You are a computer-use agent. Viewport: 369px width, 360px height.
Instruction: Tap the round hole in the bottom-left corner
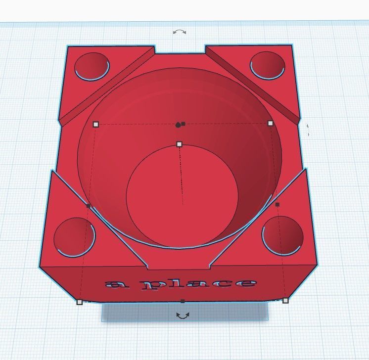(74, 237)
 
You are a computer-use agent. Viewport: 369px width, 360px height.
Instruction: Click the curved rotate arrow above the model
(180, 32)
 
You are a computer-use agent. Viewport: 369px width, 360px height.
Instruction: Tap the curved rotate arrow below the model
(183, 315)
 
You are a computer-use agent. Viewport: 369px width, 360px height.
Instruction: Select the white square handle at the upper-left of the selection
(96, 125)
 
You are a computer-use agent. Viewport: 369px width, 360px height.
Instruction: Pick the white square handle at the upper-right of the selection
(270, 123)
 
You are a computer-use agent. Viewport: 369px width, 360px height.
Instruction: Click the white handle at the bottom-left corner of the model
(79, 302)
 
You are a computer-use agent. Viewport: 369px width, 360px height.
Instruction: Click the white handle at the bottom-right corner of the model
(285, 300)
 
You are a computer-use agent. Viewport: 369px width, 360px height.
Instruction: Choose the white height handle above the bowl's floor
(179, 144)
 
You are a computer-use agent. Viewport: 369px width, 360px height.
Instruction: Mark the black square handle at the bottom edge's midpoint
(183, 301)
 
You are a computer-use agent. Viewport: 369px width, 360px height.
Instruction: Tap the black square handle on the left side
(89, 206)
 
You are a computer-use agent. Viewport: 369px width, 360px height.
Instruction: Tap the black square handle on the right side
(277, 204)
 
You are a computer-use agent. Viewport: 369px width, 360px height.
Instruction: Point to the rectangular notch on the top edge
(180, 50)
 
